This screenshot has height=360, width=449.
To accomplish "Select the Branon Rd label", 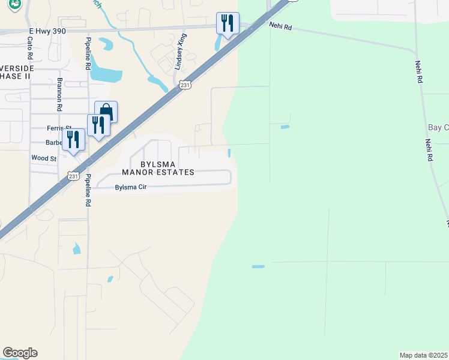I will point(59,95).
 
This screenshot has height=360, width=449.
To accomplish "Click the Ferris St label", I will point(59,128).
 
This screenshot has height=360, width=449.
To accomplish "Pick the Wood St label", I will point(44,158).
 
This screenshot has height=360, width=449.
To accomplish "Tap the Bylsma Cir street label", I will point(131,187).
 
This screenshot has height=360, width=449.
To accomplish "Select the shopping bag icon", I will point(106,111).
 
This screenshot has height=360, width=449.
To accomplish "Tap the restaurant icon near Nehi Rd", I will point(228,23).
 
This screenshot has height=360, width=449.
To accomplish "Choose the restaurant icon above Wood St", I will point(73,139).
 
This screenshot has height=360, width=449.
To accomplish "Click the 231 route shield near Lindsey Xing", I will point(185,86).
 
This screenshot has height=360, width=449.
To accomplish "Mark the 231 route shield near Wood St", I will point(73,176).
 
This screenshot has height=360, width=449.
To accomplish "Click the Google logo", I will point(20,353).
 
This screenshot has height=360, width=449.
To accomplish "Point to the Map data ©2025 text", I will point(424,355).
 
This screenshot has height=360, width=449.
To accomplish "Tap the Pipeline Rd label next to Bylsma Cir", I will point(88,191).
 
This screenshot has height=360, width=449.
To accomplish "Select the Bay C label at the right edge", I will point(438,128).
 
